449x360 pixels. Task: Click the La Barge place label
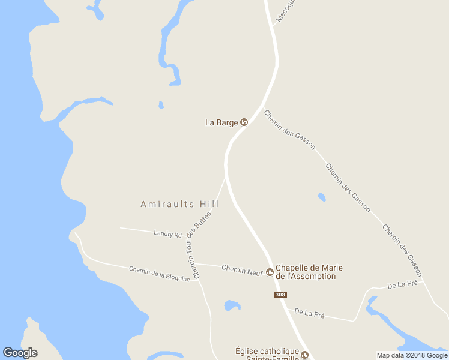click(221, 122)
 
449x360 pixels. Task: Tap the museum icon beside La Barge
click(244, 122)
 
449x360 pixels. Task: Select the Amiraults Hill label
click(179, 205)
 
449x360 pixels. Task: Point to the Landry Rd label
click(167, 235)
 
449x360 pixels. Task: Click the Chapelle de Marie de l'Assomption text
click(306, 272)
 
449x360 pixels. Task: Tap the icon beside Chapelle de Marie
click(270, 272)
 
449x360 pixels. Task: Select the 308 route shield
click(280, 295)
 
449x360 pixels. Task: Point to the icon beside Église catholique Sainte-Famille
click(304, 355)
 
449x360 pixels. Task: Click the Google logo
click(20, 353)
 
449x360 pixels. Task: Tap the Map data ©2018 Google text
click(412, 355)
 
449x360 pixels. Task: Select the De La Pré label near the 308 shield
click(309, 313)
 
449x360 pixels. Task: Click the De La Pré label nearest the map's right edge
click(402, 284)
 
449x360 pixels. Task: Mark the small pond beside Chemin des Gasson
click(322, 197)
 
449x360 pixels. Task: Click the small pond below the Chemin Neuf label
click(232, 306)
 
